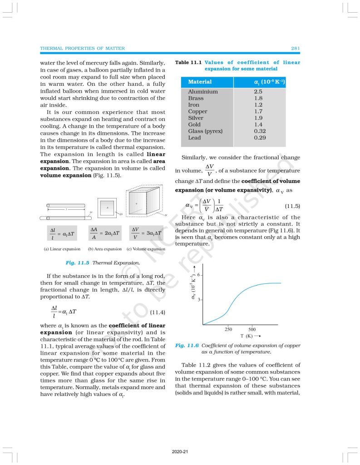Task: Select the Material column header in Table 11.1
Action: tap(200, 82)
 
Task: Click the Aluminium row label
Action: tap(203, 92)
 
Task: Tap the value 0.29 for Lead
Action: tap(260, 138)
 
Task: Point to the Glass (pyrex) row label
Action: tap(205, 131)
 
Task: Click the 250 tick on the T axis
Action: tap(228, 329)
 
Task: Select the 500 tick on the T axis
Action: tap(252, 329)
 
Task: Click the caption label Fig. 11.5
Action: tap(76, 263)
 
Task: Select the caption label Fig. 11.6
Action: tap(185, 346)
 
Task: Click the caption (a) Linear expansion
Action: tap(62, 249)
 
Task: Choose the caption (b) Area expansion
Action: tap(105, 249)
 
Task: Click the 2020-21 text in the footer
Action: tap(180, 452)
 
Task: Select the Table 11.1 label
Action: tap(188, 63)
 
